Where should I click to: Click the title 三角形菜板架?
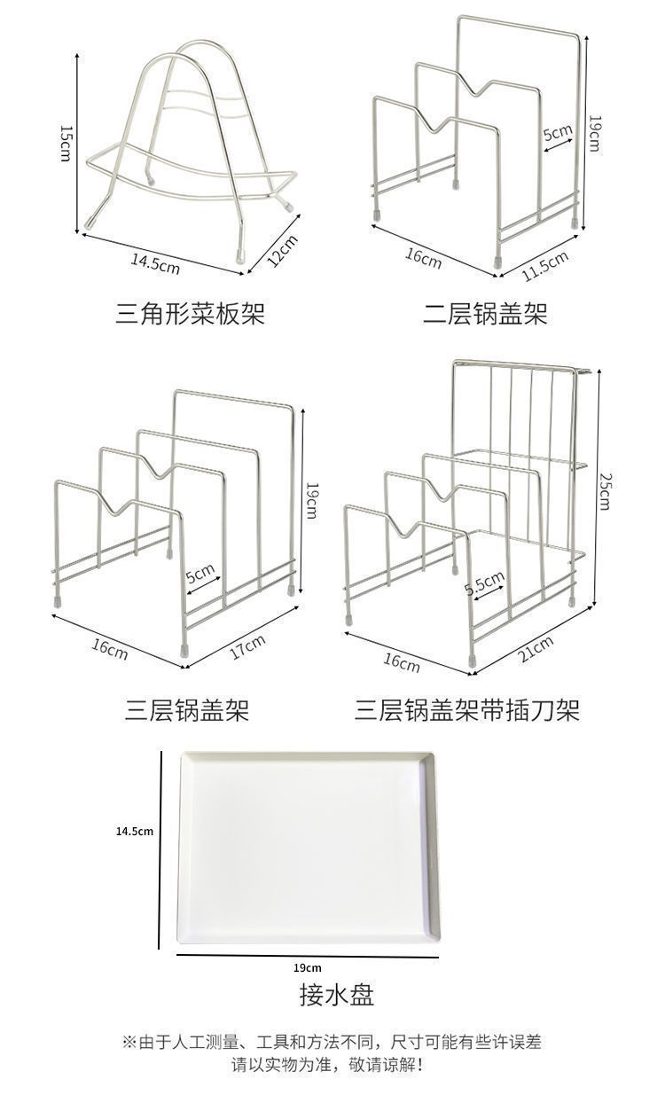click(x=190, y=313)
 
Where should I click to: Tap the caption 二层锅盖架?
click(x=484, y=313)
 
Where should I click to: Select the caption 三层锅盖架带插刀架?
click(x=466, y=711)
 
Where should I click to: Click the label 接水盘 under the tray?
click(x=336, y=995)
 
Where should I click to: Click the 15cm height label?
click(x=64, y=143)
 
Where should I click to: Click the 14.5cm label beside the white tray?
click(x=135, y=831)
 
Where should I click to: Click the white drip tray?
click(x=307, y=849)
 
